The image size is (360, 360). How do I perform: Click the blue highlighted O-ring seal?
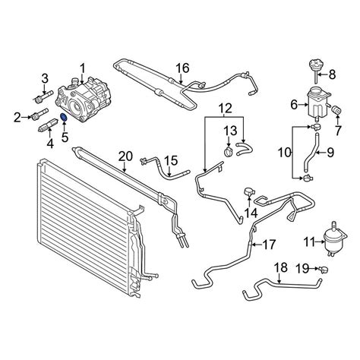(x=64, y=117)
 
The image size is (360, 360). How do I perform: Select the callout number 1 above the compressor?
(x=83, y=70)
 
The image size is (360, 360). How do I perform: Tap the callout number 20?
(x=125, y=157)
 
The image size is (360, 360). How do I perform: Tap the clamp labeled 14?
(x=249, y=192)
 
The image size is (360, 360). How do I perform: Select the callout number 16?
(x=182, y=68)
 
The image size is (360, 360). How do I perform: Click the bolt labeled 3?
(x=43, y=98)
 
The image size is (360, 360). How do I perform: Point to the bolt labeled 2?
(x=39, y=114)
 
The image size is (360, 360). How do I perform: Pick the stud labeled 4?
(x=49, y=125)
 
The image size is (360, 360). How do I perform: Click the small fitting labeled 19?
(x=323, y=270)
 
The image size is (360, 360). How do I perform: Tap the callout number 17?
(x=268, y=245)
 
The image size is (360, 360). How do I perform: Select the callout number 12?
(x=225, y=109)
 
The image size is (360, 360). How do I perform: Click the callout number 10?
(x=285, y=153)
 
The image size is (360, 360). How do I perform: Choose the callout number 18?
(x=281, y=267)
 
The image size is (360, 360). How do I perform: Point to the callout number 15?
(x=171, y=161)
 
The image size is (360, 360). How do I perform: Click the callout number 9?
(x=330, y=153)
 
